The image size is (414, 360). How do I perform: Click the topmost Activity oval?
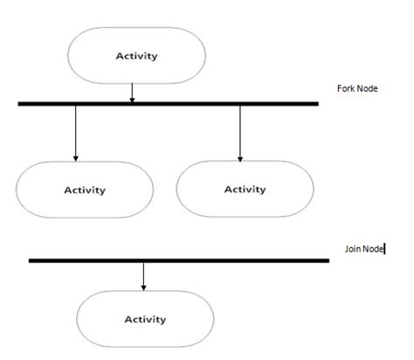click(137, 56)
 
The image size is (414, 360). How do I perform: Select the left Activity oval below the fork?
click(85, 190)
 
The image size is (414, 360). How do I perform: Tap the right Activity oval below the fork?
click(245, 189)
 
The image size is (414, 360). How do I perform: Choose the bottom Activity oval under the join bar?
click(145, 319)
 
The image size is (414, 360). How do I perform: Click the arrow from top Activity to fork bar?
click(132, 91)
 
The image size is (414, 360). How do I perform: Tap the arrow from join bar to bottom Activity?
click(143, 275)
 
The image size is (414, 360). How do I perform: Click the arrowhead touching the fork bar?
click(132, 98)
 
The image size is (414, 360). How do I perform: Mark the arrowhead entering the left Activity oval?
click(76, 157)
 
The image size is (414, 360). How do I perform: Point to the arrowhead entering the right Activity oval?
click(239, 157)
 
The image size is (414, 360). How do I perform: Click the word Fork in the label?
click(346, 89)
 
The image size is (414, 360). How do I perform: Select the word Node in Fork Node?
click(367, 89)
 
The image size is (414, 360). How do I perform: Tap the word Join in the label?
click(353, 249)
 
